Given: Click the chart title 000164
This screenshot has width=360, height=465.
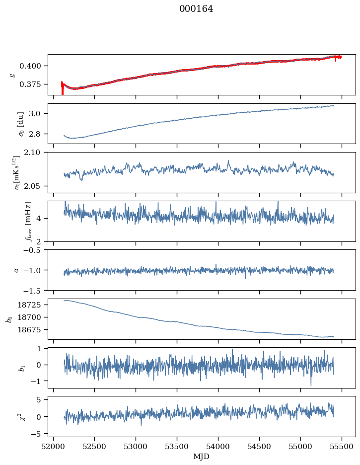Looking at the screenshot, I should point(196,9).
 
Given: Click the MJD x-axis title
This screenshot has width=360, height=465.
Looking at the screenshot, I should point(202,457).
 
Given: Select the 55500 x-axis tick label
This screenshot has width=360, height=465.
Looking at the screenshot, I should point(342,446).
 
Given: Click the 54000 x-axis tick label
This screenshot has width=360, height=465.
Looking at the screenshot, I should point(218,446).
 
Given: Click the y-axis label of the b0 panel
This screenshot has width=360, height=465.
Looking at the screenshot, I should point(9,318).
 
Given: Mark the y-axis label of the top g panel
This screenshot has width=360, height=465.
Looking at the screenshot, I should point(12,75).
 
